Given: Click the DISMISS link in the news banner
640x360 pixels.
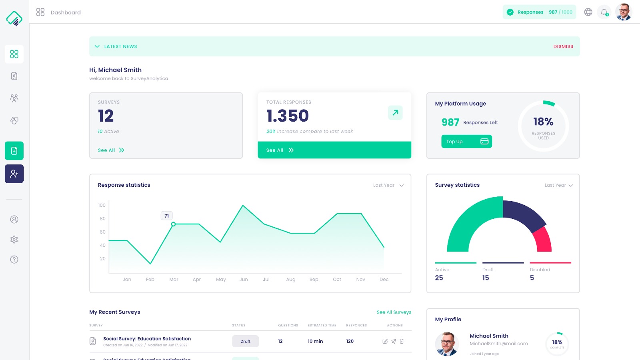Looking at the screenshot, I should pyautogui.click(x=563, y=46).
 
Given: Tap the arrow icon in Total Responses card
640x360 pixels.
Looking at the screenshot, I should pyautogui.click(x=395, y=113).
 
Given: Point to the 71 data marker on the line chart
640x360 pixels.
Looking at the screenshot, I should pyautogui.click(x=173, y=224).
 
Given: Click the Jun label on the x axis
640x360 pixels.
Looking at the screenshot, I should pyautogui.click(x=244, y=280).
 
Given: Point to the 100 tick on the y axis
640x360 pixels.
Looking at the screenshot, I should pyautogui.click(x=102, y=205).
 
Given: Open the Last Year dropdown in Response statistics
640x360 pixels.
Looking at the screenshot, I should pyautogui.click(x=388, y=185).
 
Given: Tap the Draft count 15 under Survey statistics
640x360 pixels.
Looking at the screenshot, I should pyautogui.click(x=486, y=278).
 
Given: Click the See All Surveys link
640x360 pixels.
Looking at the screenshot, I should pyautogui.click(x=394, y=312).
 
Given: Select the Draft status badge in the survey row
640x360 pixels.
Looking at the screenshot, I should pyautogui.click(x=245, y=341).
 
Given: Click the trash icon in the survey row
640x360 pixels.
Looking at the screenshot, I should pyautogui.click(x=402, y=341).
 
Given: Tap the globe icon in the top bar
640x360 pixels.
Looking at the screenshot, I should pyautogui.click(x=588, y=12).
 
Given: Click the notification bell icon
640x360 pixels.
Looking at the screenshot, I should pyautogui.click(x=604, y=12).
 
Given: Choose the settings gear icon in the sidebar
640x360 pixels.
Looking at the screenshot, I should pyautogui.click(x=14, y=240).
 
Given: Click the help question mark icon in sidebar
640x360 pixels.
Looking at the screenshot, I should pyautogui.click(x=14, y=260).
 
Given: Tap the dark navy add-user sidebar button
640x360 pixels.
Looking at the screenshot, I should pyautogui.click(x=14, y=174).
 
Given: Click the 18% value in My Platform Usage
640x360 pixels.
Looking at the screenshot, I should pyautogui.click(x=543, y=122).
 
